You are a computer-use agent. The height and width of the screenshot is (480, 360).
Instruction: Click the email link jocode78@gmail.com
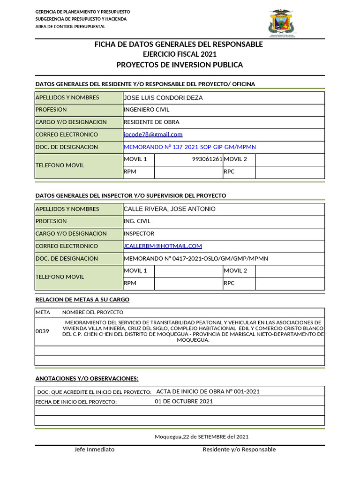(153, 135)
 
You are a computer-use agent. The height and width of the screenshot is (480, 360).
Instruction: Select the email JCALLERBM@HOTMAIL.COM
(163, 246)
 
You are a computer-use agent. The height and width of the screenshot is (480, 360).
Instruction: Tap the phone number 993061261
(207, 159)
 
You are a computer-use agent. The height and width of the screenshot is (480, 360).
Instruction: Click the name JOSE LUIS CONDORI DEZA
(163, 97)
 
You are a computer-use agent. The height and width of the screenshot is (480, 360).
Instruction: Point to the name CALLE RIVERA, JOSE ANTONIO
(169, 209)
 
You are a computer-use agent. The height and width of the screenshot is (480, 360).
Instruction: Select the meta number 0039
(42, 331)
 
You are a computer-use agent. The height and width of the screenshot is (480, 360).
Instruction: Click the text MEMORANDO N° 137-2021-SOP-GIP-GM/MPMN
(189, 147)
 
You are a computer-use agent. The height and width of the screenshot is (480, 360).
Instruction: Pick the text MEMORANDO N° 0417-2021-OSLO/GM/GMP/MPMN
(195, 259)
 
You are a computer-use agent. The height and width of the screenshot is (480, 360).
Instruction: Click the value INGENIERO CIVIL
(146, 110)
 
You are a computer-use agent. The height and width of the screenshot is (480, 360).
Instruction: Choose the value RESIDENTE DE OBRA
(151, 122)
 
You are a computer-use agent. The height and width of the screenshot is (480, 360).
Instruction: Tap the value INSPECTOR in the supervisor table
(139, 233)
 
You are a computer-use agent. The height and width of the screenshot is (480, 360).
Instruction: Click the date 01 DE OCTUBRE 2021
(184, 401)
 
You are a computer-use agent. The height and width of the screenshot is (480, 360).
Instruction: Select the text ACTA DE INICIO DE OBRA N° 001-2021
(208, 391)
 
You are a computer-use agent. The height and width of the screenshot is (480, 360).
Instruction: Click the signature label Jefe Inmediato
(94, 450)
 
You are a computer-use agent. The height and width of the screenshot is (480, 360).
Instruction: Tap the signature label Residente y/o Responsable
(239, 450)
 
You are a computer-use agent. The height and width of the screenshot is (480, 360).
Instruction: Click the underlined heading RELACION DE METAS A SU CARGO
(82, 300)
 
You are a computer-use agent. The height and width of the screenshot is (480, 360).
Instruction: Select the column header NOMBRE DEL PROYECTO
(93, 312)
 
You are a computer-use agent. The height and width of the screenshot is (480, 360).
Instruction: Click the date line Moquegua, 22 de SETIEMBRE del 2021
(202, 437)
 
